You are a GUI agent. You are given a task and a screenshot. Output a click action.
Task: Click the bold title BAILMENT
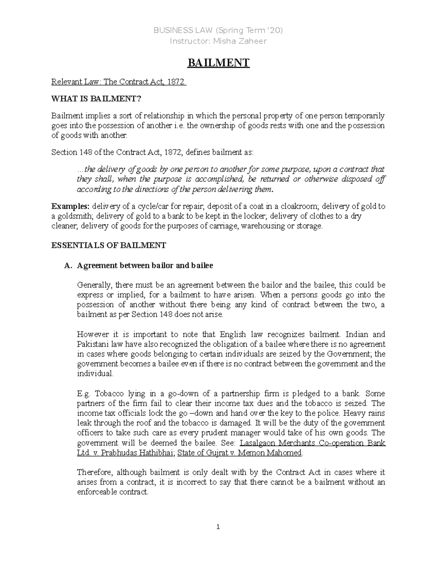218,63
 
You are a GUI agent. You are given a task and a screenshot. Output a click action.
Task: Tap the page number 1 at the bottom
218,527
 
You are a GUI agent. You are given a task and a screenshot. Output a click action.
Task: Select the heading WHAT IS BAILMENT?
96,99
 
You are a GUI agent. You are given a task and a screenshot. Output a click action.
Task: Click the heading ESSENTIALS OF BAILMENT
109,245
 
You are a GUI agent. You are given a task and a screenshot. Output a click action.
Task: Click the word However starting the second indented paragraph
92,334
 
